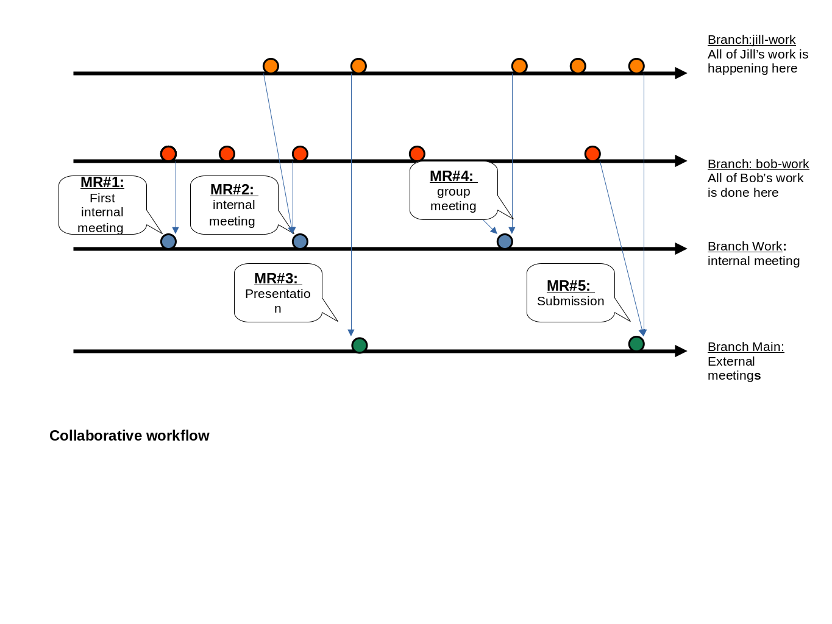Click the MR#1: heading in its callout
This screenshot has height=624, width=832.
click(102, 182)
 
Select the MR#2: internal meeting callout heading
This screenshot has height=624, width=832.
click(232, 190)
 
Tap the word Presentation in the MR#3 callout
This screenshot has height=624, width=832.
click(277, 294)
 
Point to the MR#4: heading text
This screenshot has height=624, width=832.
click(452, 176)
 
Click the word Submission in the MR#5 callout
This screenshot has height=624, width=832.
click(571, 301)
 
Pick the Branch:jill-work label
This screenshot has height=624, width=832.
click(751, 40)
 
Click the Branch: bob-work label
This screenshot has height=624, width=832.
click(758, 164)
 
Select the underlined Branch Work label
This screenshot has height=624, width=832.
click(744, 246)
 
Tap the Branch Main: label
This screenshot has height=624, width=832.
click(745, 347)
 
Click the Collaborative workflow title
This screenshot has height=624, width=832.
click(129, 436)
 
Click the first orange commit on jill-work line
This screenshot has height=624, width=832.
click(271, 66)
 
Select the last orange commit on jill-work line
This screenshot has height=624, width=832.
click(636, 66)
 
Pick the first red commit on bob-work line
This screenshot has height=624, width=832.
click(168, 154)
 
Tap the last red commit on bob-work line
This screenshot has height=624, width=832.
click(592, 154)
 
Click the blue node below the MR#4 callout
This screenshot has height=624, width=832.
click(505, 241)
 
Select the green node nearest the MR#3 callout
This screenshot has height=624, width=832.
click(360, 346)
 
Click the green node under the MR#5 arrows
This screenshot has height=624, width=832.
click(636, 344)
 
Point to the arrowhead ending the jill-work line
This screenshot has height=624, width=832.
click(681, 73)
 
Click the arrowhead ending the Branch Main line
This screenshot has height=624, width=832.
click(681, 351)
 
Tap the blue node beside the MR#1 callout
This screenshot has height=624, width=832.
click(168, 241)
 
